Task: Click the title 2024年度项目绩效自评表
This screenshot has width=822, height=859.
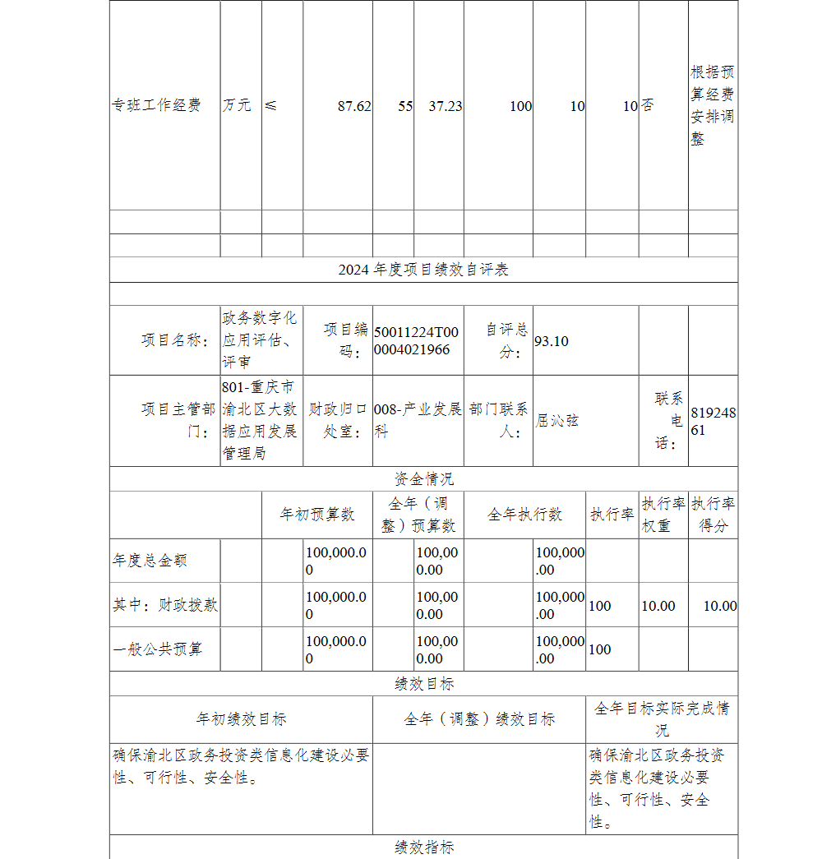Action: coord(423,270)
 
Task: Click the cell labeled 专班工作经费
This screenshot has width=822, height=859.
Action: coord(157,106)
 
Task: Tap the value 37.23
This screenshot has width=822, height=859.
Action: coord(446,106)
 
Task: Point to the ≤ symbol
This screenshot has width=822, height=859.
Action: coord(271,106)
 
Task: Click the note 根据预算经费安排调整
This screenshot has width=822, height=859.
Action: coord(712,106)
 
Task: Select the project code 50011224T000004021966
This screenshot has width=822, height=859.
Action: coord(417,341)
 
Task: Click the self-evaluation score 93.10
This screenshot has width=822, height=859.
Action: coord(552,341)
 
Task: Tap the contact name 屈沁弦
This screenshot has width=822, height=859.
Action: coord(557,420)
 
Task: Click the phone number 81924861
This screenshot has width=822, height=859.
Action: coord(713,421)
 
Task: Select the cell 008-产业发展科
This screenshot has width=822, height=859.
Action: coord(418,420)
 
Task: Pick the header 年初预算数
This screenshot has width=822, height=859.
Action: coord(317,515)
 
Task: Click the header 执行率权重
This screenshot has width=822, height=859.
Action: coord(663,515)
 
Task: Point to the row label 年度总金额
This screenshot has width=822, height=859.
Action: coord(150,561)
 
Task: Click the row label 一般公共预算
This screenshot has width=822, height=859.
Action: coord(157,649)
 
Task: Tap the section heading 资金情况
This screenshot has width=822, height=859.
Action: coord(423,479)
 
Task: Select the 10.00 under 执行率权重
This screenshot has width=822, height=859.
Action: coord(658,606)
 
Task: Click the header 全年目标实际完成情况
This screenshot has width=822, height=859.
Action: coord(662,718)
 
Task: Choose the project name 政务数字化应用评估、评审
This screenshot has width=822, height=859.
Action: coord(261,340)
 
